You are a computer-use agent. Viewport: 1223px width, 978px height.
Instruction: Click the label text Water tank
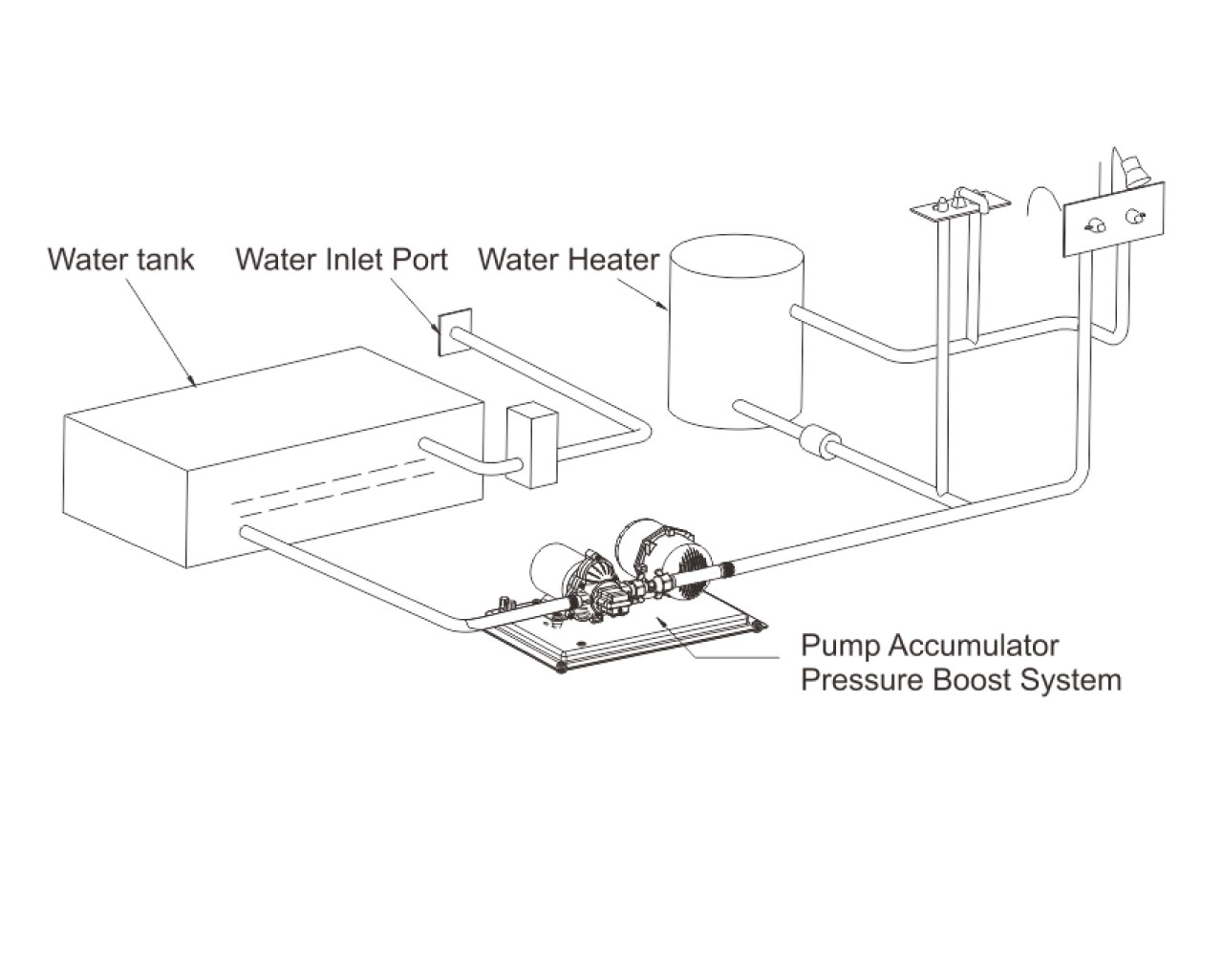[x=120, y=259]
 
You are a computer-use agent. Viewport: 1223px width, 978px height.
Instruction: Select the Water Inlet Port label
[x=341, y=259]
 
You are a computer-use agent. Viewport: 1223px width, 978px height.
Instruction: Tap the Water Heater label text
[x=569, y=259]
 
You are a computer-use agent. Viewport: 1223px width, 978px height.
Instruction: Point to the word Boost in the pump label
[x=995, y=681]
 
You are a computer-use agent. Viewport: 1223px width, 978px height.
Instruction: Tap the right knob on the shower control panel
[x=1135, y=218]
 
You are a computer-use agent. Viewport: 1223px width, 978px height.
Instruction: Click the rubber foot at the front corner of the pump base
[x=561, y=666]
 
